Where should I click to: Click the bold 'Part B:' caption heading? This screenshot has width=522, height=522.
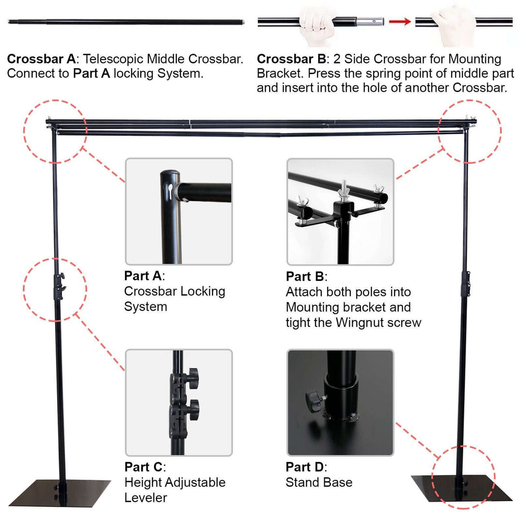pos(306,277)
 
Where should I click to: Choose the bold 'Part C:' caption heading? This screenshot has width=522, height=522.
pos(145,467)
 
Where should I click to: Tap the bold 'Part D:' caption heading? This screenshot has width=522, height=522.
pos(306,467)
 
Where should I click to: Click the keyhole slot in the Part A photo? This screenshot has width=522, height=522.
pos(169,188)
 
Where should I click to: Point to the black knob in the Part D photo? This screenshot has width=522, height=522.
pos(311,398)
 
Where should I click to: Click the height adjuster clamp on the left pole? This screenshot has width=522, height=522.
pos(59,283)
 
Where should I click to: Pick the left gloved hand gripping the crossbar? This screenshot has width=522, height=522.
pos(317,20)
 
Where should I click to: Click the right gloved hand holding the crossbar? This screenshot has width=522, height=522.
pos(454,22)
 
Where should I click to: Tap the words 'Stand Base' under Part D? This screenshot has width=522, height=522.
pos(319,482)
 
